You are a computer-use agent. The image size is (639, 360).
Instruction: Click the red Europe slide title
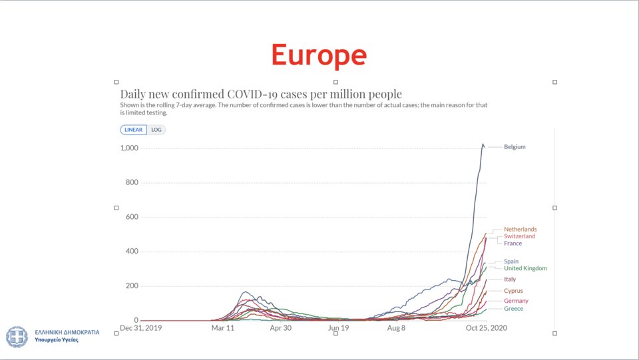pos(319,55)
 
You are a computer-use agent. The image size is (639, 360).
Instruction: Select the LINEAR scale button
pos(133,130)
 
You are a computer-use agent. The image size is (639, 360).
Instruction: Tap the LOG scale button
pos(156,130)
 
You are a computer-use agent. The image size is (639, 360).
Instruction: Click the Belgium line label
pos(515,147)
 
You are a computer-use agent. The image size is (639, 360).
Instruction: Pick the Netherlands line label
pos(521,230)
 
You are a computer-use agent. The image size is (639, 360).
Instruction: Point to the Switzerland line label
pos(520,236)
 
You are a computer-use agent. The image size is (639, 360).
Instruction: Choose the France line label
pos(513,244)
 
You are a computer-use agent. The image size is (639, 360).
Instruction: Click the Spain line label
pos(511,262)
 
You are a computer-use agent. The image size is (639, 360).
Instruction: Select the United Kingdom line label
pos(525,268)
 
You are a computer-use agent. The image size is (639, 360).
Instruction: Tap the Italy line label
pos(510,279)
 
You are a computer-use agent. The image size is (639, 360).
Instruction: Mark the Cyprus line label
pos(513,291)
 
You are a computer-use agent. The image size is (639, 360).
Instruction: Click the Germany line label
pos(516,301)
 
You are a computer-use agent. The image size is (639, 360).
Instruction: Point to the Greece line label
pos(513,309)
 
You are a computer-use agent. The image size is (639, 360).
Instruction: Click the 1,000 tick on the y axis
pos(129,148)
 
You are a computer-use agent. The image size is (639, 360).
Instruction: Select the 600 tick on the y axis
pos(132,217)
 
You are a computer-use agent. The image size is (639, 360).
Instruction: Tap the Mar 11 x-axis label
pos(223,328)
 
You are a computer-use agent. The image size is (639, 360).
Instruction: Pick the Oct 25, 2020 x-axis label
pos(487,328)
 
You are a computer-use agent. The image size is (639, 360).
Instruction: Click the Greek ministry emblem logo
pos(17,337)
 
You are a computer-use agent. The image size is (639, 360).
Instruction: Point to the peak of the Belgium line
pos(483,144)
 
